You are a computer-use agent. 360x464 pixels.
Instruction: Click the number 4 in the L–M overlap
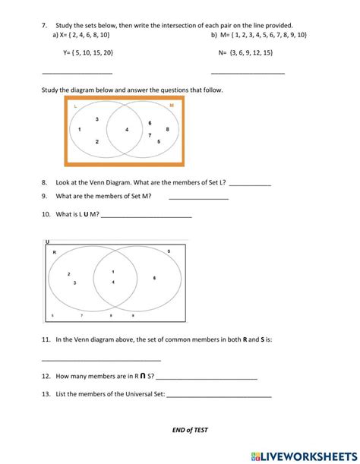[127, 130]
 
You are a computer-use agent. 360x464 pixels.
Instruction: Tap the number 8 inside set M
[167, 129]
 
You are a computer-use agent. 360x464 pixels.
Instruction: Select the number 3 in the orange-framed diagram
[96, 119]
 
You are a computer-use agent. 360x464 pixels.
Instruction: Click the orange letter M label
[171, 106]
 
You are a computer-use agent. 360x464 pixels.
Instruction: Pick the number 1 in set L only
[80, 130]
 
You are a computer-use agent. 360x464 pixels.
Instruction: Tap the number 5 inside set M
[158, 141]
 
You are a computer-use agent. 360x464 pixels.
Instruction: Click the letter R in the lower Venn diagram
[54, 251]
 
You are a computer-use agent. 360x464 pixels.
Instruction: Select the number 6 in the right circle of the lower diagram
[154, 278]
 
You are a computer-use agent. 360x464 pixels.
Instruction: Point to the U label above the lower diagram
[47, 241]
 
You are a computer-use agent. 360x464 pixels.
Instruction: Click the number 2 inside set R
[68, 274]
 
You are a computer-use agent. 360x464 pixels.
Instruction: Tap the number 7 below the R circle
[81, 314]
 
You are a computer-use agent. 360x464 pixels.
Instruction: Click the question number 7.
[45, 25]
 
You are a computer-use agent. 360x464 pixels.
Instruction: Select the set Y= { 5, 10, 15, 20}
[88, 53]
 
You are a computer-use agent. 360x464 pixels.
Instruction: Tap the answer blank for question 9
[198, 198]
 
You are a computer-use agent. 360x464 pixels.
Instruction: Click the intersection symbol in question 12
[142, 375]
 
